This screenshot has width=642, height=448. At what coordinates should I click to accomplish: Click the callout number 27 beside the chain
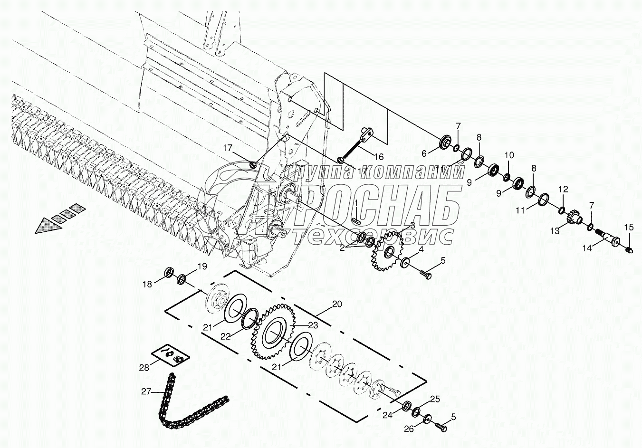coord(146,392)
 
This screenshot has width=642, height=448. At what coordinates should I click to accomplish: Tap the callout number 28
coord(144,367)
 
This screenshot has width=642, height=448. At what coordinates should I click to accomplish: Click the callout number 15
coord(629,228)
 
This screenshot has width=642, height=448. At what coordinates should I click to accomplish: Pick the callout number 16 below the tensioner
coord(379,157)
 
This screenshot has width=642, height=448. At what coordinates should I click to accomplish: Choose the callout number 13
coord(555,231)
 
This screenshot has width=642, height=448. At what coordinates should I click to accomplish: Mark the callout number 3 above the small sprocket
coord(412,225)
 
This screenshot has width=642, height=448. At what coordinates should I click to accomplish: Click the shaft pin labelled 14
coord(610,238)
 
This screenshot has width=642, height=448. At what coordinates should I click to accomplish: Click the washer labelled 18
coord(169,273)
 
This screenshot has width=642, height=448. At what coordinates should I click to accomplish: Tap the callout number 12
coord(563,189)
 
